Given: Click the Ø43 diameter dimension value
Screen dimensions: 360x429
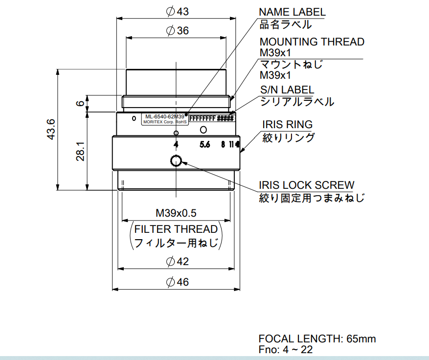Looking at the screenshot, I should click(x=177, y=11).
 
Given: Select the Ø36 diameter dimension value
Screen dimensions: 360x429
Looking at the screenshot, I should click(x=177, y=31).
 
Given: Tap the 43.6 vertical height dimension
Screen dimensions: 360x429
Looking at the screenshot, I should click(x=51, y=130).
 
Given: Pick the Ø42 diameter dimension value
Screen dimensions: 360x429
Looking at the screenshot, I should click(x=177, y=262).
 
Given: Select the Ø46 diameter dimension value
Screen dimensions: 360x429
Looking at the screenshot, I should click(x=177, y=282).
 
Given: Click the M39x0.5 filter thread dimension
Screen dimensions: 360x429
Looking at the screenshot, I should click(x=176, y=213).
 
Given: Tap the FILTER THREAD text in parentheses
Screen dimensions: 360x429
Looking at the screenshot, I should click(x=176, y=229).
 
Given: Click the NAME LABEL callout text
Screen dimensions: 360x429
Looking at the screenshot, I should click(x=292, y=12).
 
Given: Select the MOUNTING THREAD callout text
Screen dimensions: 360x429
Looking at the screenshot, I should click(x=312, y=42).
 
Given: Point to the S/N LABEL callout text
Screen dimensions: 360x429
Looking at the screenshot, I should click(x=287, y=90).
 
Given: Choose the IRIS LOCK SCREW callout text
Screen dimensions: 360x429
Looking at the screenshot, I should click(x=306, y=185).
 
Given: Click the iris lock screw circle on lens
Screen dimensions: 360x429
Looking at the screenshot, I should click(x=176, y=160).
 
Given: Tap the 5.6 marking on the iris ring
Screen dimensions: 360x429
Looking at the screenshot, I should click(x=204, y=144).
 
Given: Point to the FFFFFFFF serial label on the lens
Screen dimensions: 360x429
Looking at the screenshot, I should click(x=202, y=118).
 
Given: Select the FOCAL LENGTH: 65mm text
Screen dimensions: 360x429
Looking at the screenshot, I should click(x=317, y=338).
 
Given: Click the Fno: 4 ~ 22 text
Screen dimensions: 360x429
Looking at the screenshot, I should click(x=286, y=349).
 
